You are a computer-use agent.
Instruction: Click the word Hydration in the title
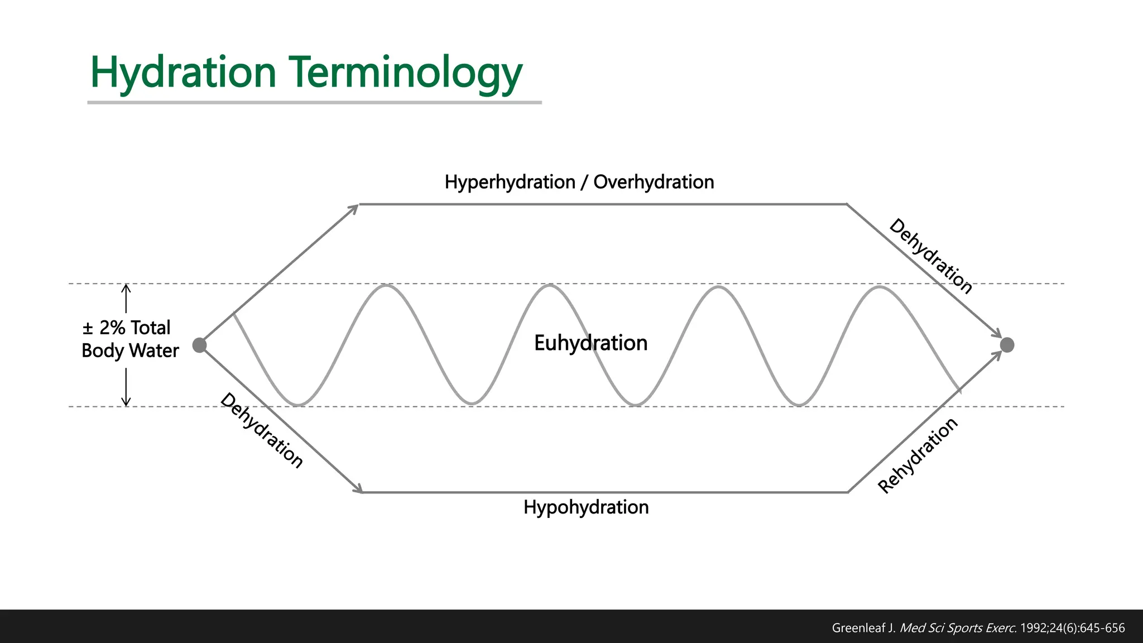pyautogui.click(x=183, y=73)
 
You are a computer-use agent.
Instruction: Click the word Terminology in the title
pyautogui.click(x=406, y=73)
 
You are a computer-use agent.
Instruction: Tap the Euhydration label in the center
pyautogui.click(x=590, y=343)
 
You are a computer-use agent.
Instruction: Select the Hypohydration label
pyautogui.click(x=586, y=507)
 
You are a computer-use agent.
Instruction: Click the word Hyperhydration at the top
pyautogui.click(x=510, y=182)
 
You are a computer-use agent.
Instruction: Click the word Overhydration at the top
pyautogui.click(x=654, y=182)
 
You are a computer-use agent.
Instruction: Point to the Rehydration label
pyautogui.click(x=918, y=455)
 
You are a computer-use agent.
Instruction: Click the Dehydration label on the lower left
pyautogui.click(x=262, y=430)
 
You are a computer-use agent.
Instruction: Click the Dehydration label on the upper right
pyautogui.click(x=931, y=256)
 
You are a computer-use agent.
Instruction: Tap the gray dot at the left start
pyautogui.click(x=199, y=345)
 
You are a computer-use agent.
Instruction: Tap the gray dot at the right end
pyautogui.click(x=1007, y=345)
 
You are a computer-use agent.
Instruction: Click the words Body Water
pyautogui.click(x=130, y=351)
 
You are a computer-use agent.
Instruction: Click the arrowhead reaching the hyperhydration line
pyautogui.click(x=354, y=208)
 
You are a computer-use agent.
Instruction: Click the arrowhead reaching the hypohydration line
pyautogui.click(x=357, y=488)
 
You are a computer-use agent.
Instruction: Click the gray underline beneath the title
pyautogui.click(x=314, y=103)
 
